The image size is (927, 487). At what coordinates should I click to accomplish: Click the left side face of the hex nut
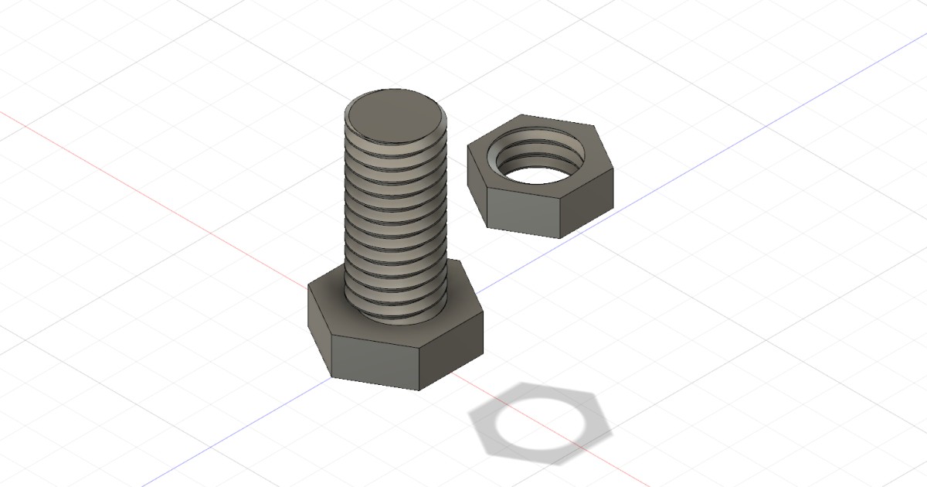click(477, 182)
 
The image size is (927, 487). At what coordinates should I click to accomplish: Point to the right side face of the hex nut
click(587, 205)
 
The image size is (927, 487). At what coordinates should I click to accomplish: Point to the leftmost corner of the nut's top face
click(468, 146)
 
